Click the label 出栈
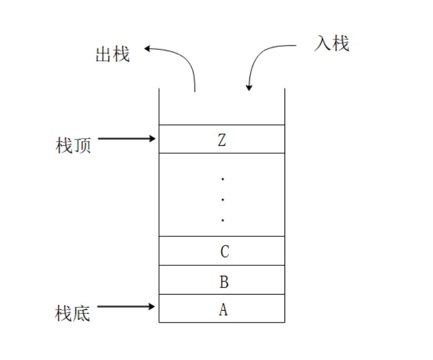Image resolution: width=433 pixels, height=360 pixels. point(112,54)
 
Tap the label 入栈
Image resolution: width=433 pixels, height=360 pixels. point(331,44)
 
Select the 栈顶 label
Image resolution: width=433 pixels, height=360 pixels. point(73,146)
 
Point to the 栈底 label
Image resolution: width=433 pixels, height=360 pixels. point(73,313)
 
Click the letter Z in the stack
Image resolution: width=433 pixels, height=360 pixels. point(222,140)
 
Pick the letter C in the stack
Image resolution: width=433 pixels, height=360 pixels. point(224,251)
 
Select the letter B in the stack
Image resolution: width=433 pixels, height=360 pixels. point(224,282)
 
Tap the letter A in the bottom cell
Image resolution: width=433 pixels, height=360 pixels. point(223,310)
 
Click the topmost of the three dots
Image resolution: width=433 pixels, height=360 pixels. point(222,179)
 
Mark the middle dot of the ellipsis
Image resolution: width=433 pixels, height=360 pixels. point(222,199)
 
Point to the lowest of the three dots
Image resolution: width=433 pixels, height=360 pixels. point(222,220)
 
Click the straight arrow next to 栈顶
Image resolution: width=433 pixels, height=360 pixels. point(126,139)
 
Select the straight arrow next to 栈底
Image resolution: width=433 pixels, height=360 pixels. point(126,306)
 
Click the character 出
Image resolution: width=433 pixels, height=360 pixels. point(103,54)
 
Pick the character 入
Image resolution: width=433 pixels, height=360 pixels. point(323,44)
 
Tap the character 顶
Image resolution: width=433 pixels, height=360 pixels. point(82,146)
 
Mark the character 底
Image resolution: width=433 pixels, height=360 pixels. point(82,313)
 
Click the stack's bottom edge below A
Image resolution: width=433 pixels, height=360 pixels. point(222,322)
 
